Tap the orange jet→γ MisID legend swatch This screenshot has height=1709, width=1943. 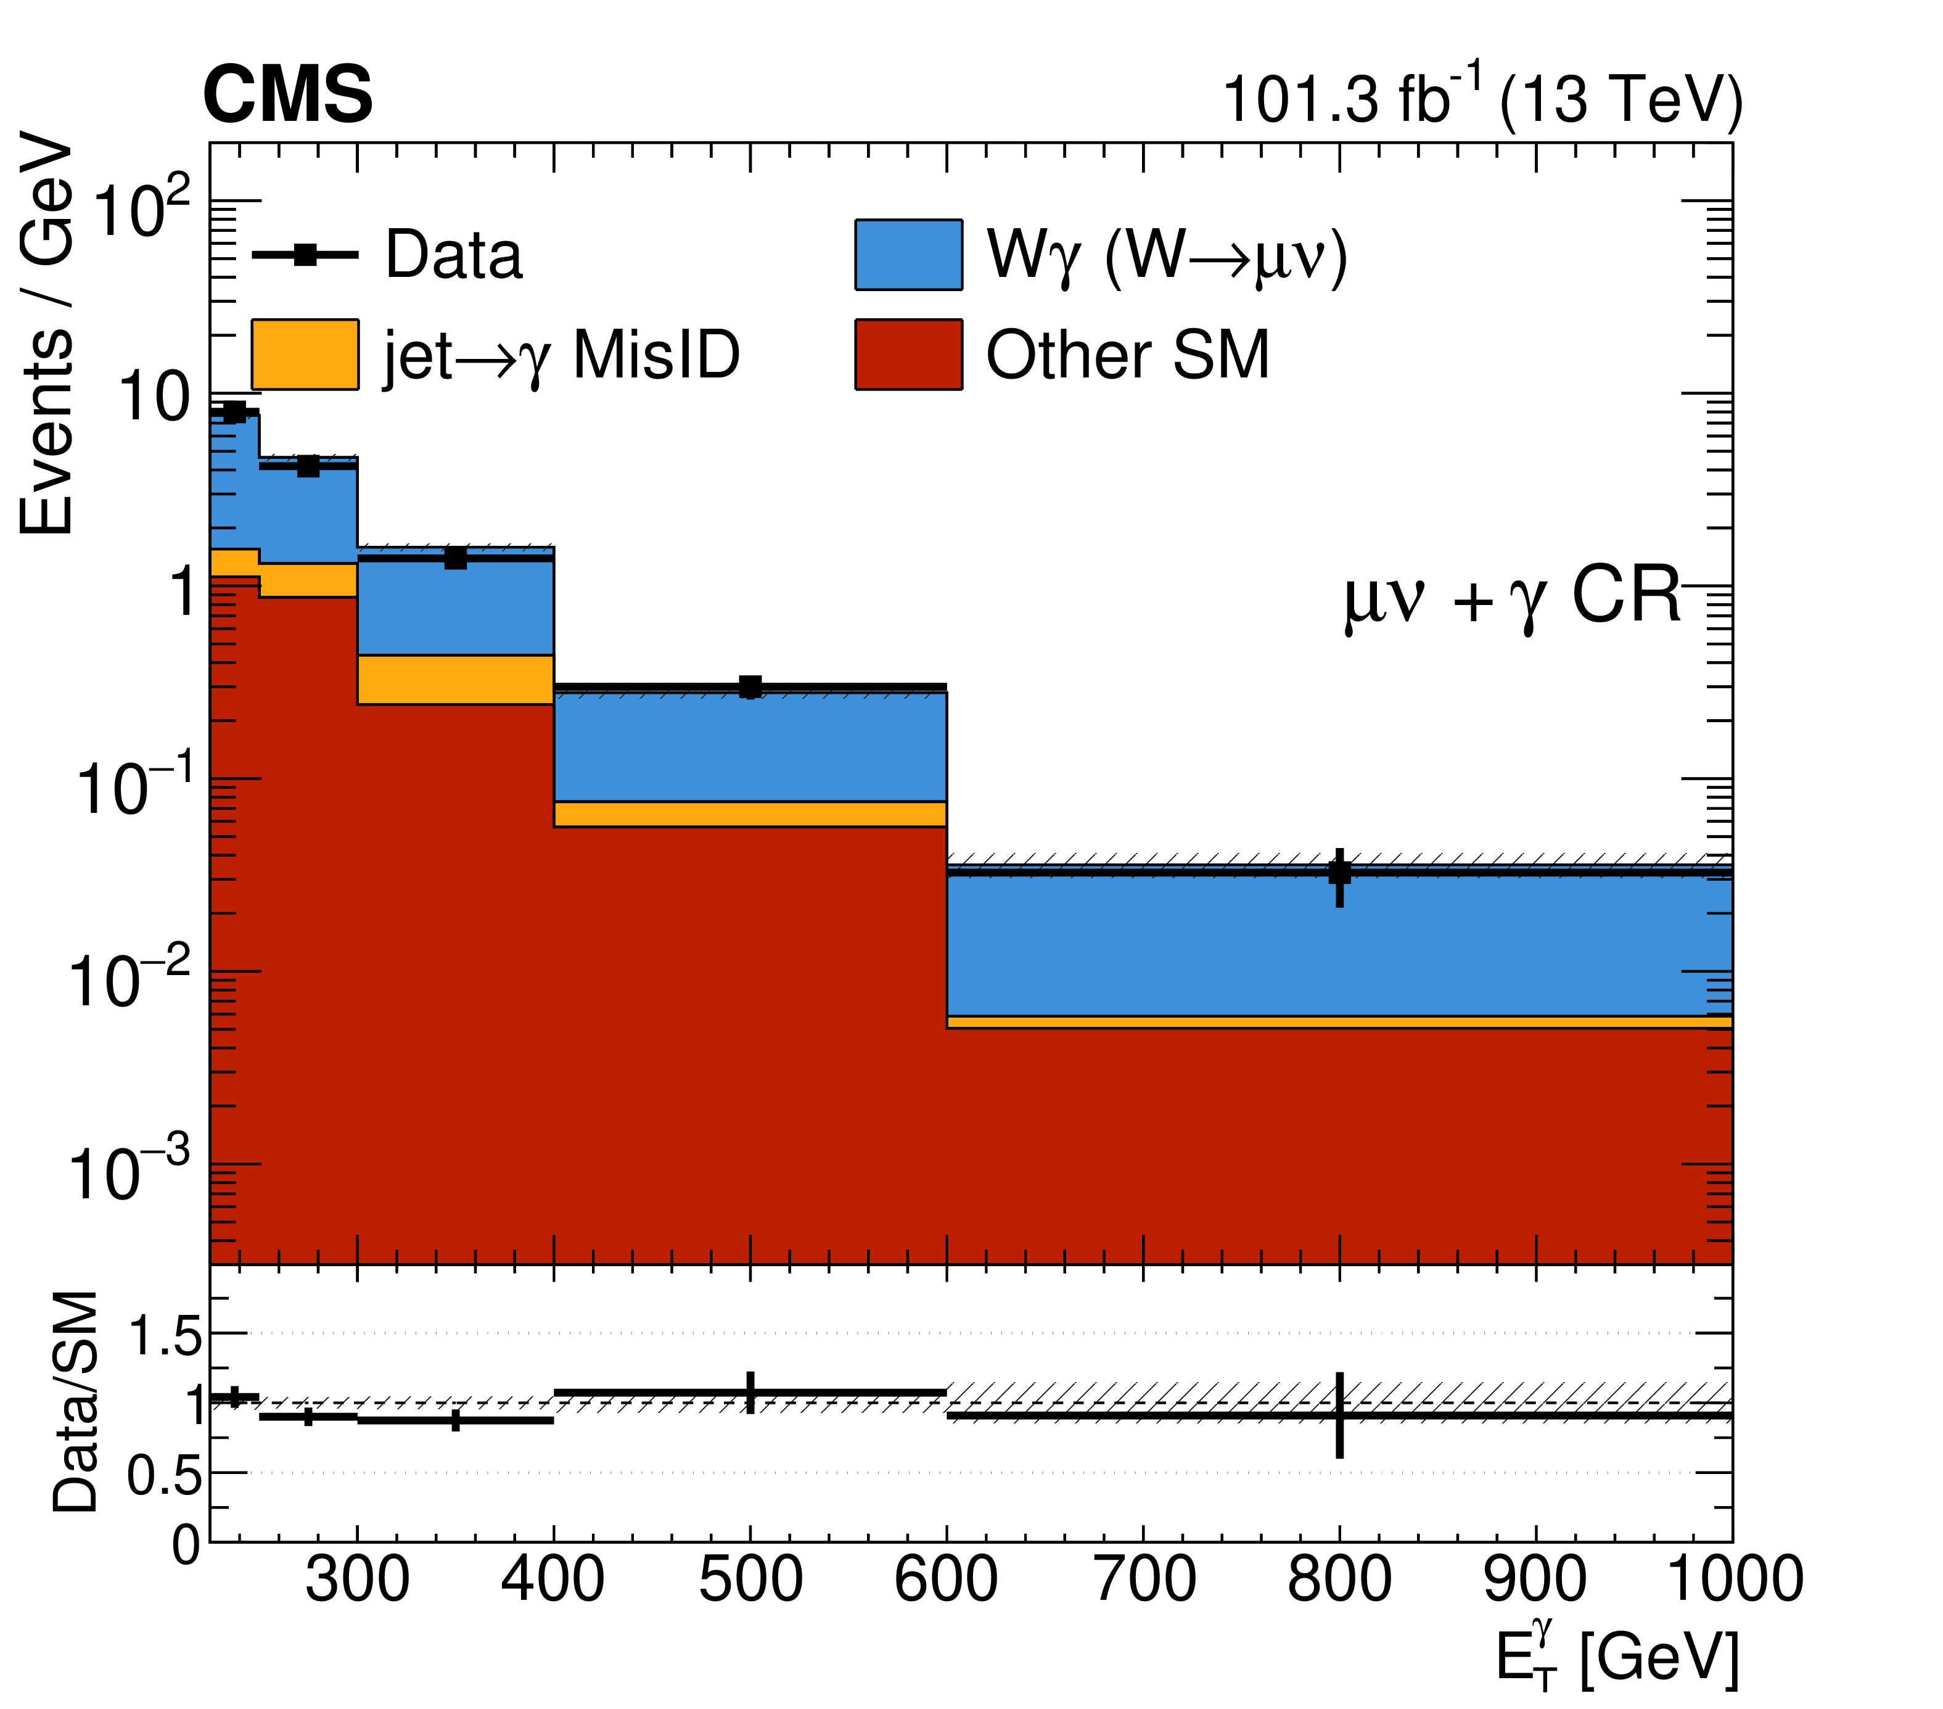click(x=305, y=355)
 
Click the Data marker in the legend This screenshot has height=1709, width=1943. click(x=305, y=255)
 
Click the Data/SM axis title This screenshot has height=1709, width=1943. click(x=76, y=1402)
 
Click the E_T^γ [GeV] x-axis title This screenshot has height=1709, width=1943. click(x=1616, y=1658)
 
